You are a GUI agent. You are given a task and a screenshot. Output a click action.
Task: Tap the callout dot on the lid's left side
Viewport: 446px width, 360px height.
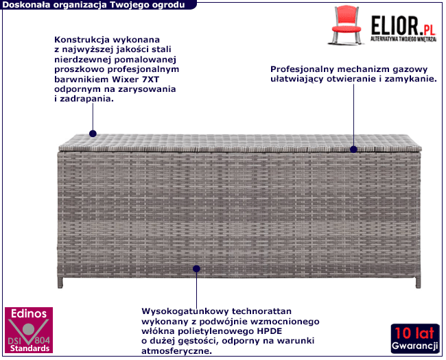(x=93, y=134)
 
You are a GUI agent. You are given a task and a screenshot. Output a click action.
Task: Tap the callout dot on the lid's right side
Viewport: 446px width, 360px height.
(x=353, y=149)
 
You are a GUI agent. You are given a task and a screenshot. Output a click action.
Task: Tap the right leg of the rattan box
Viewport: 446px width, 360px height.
(x=418, y=280)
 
